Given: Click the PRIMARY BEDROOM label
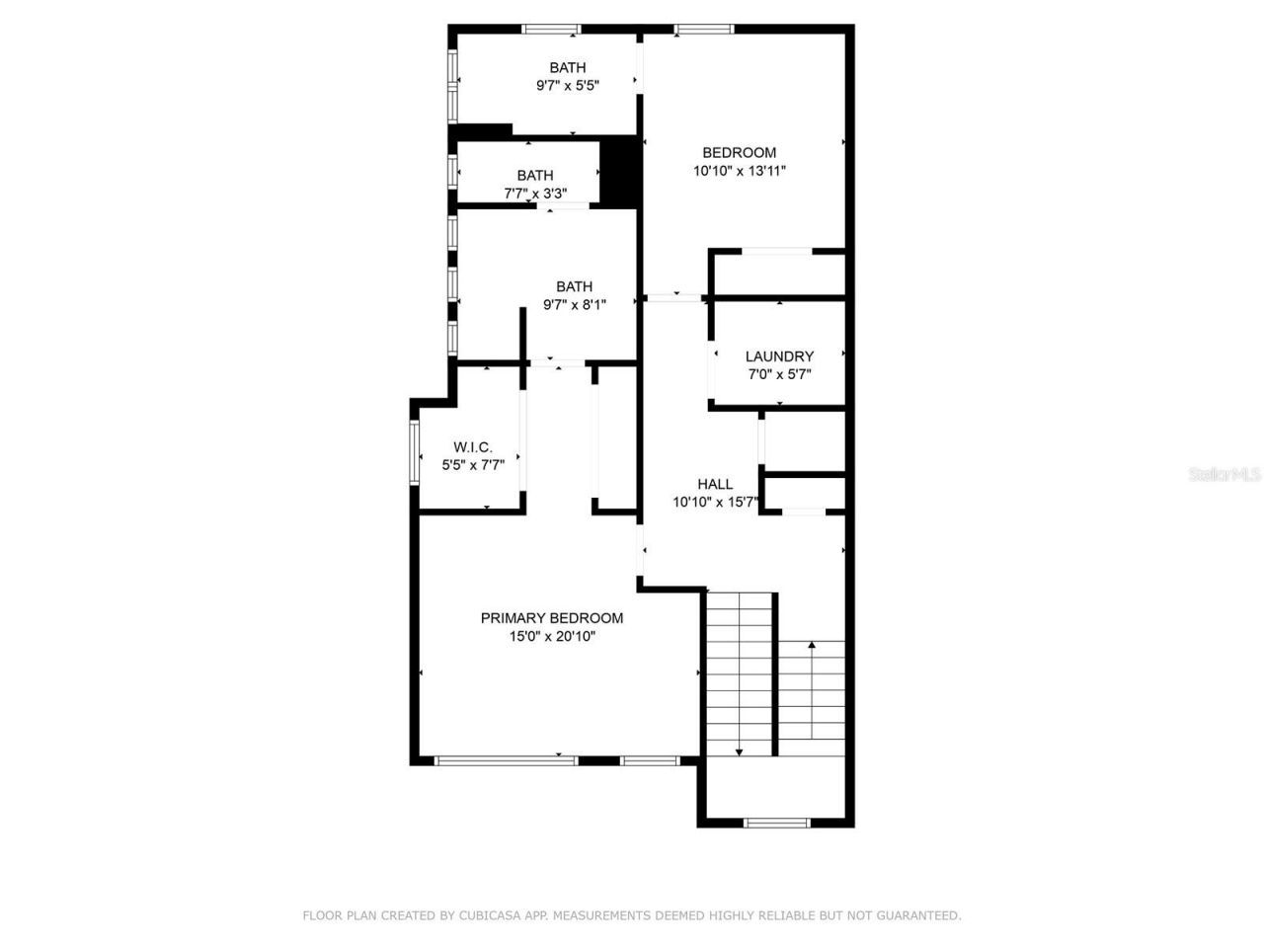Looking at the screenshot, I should coord(551,618).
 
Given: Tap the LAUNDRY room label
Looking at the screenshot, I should coord(779,356).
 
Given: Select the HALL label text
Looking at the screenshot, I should coord(715,484).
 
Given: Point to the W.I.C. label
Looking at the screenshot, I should coord(473,447).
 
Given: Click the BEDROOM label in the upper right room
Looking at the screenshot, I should coord(739,152).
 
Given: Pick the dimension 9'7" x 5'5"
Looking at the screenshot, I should coord(568,86).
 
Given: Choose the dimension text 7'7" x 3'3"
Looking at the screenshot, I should coord(535,194).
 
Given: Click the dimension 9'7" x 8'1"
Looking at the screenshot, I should coord(575,305).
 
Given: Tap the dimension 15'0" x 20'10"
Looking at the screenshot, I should coord(552,637).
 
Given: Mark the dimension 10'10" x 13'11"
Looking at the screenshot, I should coord(739,171).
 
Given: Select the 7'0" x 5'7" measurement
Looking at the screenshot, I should coord(779,374).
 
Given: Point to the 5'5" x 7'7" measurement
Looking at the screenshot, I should coord(473,465).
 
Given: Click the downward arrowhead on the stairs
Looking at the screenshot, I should coord(739,752).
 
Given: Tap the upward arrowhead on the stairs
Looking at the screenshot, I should coord(812,645).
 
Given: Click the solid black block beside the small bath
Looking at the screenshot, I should coord(620,173).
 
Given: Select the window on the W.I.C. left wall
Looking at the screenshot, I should coord(415,453).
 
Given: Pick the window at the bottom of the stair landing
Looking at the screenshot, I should coord(776,823).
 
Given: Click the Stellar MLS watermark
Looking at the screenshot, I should coord(1224,474).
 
